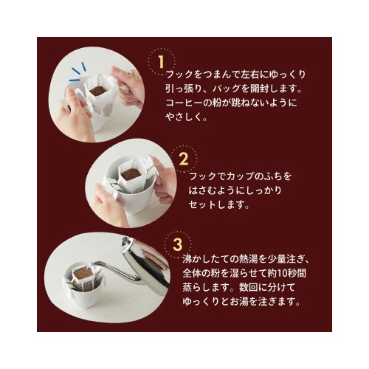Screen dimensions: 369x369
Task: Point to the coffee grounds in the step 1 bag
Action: [97, 91]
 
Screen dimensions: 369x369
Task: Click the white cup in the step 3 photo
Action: [83, 292]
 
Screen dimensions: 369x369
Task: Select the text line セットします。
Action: [218, 205]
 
